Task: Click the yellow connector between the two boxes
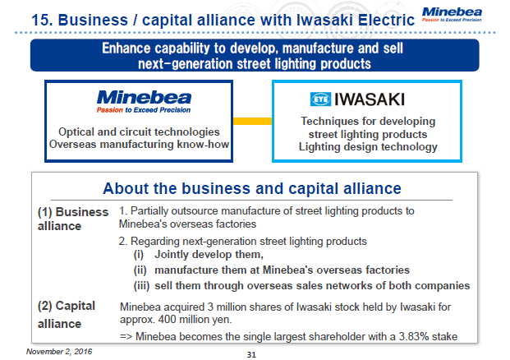pyautogui.click(x=250, y=121)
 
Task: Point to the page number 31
pyautogui.click(x=253, y=354)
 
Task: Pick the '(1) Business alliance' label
pyautogui.click(x=72, y=218)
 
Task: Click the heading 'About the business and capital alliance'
pyautogui.click(x=252, y=188)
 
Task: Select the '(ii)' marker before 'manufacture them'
pyautogui.click(x=141, y=270)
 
